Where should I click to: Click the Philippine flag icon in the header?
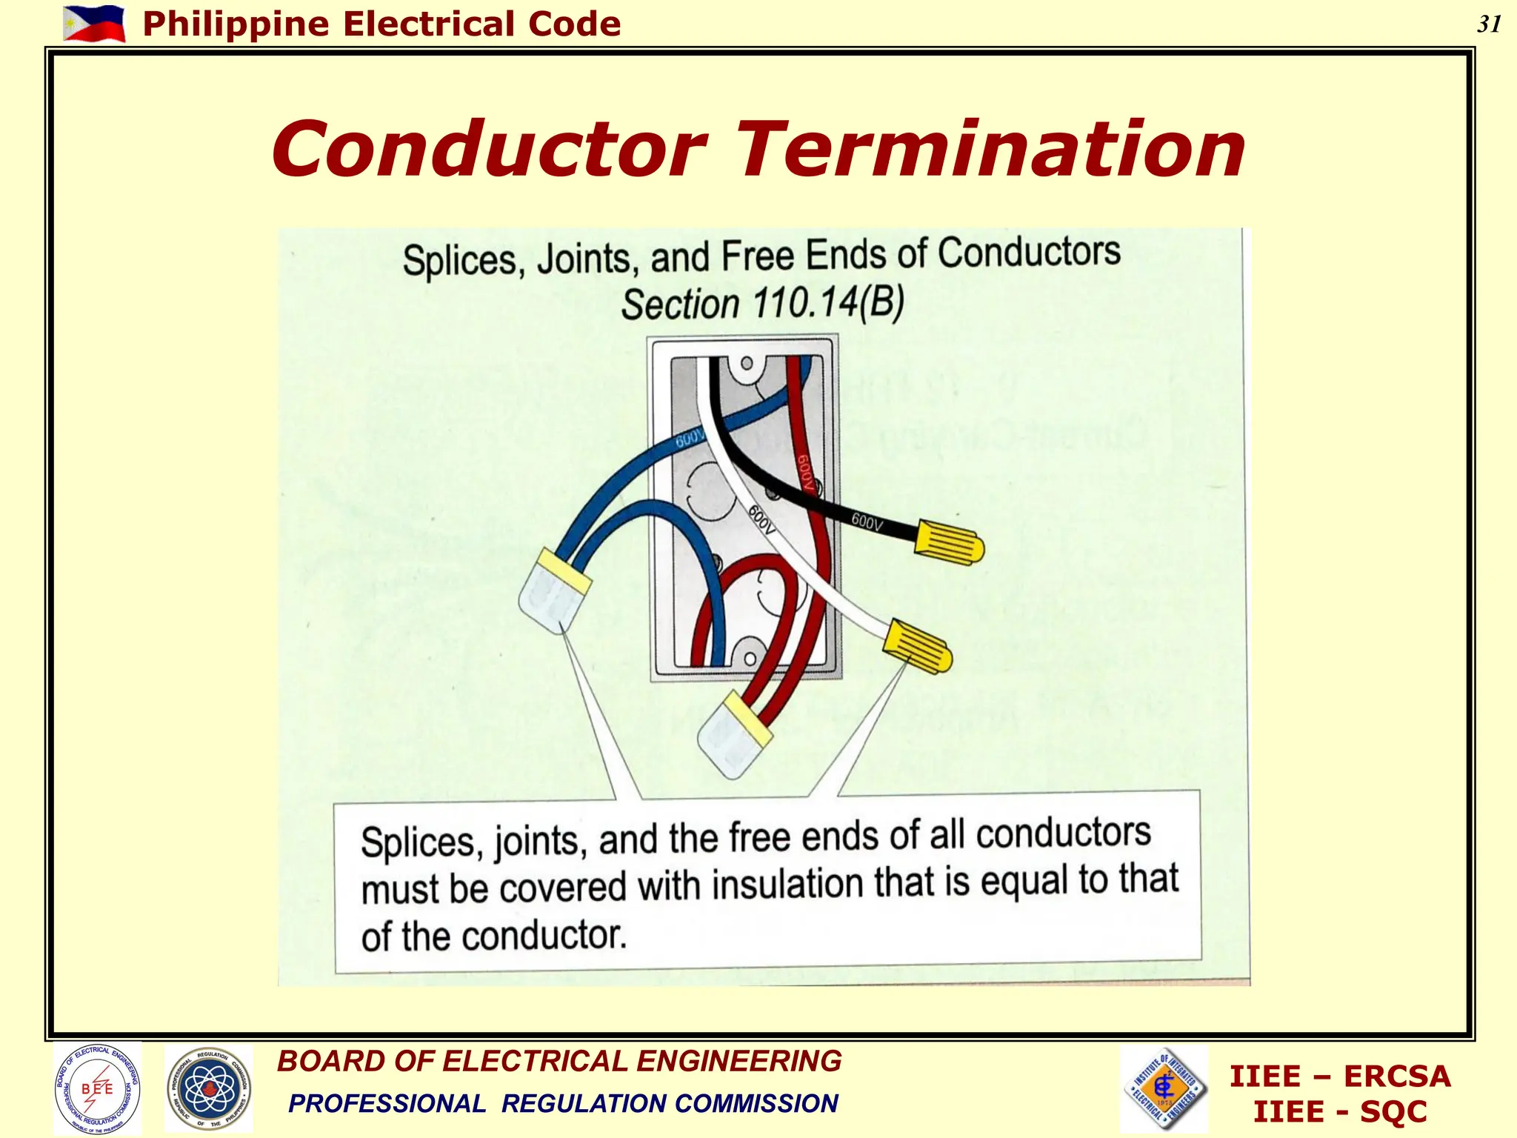tap(94, 23)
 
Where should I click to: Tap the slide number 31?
tap(1489, 24)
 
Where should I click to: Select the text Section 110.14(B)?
tap(762, 303)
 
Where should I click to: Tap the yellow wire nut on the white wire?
tap(918, 645)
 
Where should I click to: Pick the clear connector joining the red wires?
tap(734, 734)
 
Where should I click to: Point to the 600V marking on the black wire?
tap(867, 522)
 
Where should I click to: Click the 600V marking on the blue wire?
tap(690, 439)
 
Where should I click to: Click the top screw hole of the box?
tap(747, 363)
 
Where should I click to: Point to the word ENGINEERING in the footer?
tap(739, 1061)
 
